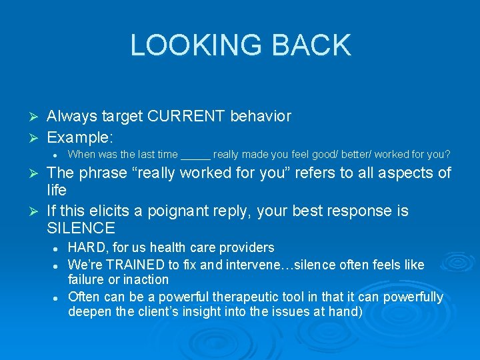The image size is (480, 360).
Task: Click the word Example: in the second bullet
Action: point(80,137)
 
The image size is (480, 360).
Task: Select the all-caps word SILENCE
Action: point(81,228)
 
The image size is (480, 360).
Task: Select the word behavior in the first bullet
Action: point(261,116)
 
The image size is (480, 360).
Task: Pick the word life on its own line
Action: point(57,190)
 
